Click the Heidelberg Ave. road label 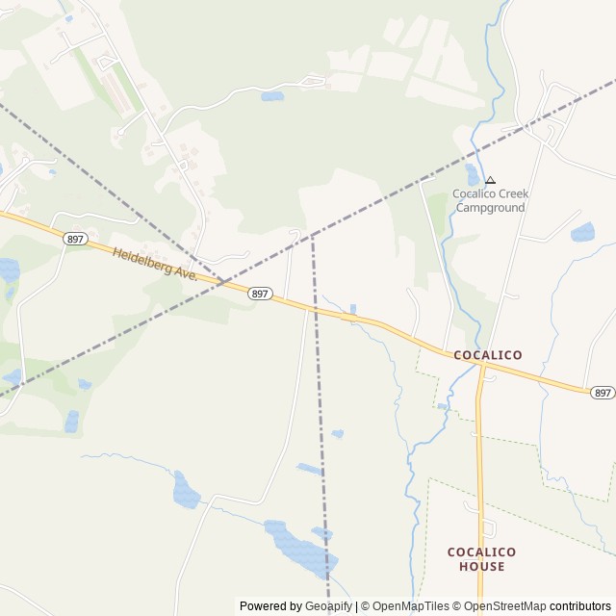[x=154, y=264]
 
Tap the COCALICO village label [x=488, y=355]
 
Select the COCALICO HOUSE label [x=481, y=559]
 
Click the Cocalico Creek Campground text [x=491, y=200]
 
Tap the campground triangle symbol [x=490, y=180]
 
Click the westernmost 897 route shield [x=74, y=239]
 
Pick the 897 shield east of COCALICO [x=602, y=393]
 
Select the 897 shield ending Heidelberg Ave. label [x=259, y=293]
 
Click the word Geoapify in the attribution [x=328, y=606]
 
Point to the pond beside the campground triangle [x=473, y=175]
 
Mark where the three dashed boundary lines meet [x=312, y=234]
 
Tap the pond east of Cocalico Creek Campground [x=582, y=232]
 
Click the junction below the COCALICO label [x=479, y=367]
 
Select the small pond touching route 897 [x=352, y=309]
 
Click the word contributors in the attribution [x=580, y=606]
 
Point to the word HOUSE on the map [x=481, y=567]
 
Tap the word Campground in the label [x=491, y=207]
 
